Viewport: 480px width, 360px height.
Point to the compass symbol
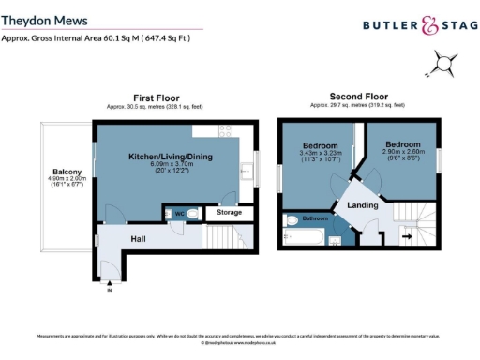444,66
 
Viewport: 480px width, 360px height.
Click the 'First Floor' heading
156,97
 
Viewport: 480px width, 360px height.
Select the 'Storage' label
229,213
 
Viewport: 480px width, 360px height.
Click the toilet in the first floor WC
192,214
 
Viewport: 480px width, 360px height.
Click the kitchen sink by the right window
245,171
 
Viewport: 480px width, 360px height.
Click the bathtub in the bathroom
301,232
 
